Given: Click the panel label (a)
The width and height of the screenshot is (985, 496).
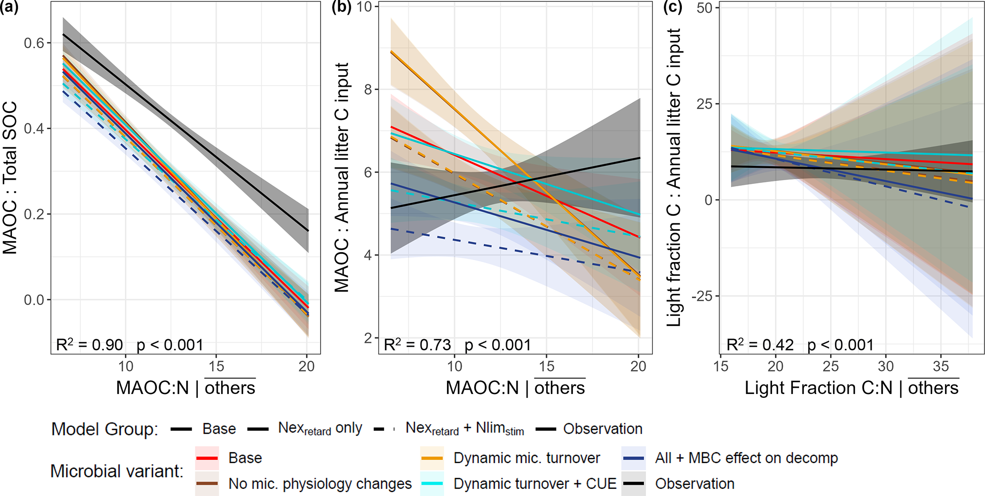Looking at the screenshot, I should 9,8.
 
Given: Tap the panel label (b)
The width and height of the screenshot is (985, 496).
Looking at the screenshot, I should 342,8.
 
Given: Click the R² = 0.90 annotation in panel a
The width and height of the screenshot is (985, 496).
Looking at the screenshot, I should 90,344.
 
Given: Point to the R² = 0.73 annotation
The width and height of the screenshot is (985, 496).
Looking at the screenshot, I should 417,344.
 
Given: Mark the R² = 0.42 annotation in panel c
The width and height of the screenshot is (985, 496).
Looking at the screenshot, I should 760,344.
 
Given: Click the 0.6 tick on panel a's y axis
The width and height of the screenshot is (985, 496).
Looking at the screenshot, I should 34,43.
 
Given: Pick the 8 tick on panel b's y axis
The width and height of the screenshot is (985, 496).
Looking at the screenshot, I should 368,90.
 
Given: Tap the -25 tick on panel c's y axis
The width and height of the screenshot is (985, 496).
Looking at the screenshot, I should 702,296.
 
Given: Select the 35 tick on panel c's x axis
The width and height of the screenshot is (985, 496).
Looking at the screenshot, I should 941,366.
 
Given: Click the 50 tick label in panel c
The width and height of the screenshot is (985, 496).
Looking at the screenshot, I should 705,8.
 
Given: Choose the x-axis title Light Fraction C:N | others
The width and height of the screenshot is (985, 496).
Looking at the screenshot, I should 851,388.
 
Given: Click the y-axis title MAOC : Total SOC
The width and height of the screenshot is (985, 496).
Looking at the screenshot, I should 10,177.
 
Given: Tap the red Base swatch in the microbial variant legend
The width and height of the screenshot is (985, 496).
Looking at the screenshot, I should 207,458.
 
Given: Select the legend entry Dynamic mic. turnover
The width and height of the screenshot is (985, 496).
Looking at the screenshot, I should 527,458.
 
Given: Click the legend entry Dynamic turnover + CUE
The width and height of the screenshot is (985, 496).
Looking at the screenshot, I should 535,484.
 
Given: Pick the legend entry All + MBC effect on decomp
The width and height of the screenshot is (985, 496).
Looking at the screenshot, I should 746,458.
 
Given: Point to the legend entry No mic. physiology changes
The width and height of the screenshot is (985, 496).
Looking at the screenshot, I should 320,484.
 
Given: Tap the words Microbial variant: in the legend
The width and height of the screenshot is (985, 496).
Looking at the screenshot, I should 117,471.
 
